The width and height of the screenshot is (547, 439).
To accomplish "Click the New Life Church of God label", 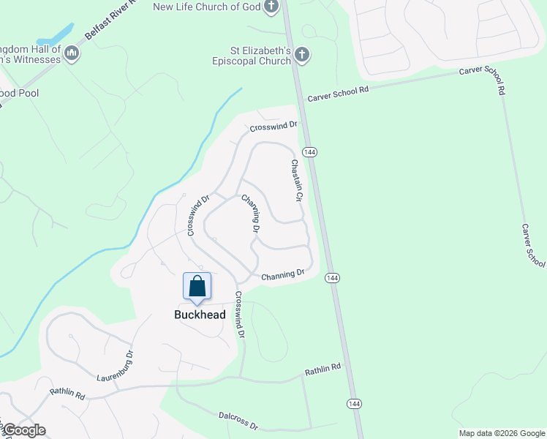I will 206,7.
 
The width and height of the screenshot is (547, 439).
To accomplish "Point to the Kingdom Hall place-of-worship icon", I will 72,53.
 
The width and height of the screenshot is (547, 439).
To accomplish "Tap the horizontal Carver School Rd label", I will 339,94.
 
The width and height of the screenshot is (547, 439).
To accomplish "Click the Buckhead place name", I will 200,315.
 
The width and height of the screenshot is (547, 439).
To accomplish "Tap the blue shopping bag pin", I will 197,286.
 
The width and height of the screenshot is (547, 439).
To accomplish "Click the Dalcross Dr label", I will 238,421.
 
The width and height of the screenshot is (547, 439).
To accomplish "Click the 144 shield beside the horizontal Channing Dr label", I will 332,278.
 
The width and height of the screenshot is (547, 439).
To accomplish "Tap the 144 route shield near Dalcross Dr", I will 354,404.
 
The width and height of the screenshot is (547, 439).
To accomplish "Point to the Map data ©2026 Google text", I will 500,433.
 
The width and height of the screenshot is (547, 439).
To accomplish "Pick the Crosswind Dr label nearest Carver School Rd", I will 273,127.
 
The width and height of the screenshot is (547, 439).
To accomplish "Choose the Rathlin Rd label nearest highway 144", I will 322,369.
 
